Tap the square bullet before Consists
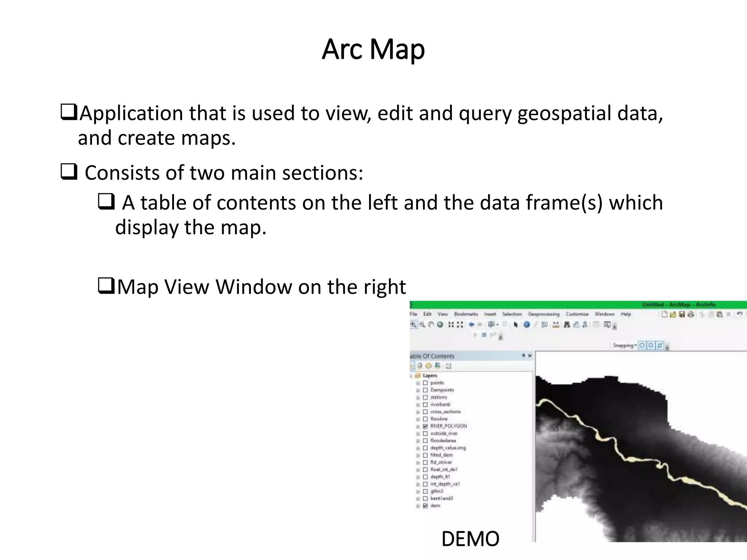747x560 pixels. click(x=69, y=172)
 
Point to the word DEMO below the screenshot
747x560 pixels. click(x=470, y=539)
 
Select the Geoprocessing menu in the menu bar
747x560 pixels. click(x=543, y=314)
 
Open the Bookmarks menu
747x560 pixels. click(x=466, y=314)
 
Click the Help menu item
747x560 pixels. click(x=626, y=314)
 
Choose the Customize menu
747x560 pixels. click(x=577, y=314)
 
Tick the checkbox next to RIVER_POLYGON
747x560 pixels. click(x=425, y=426)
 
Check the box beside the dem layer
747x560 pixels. click(x=425, y=506)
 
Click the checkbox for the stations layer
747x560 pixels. click(x=425, y=397)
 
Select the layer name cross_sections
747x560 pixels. click(x=445, y=412)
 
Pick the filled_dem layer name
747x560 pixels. click(x=441, y=455)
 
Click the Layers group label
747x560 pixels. click(x=430, y=376)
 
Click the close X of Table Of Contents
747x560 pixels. click(x=530, y=355)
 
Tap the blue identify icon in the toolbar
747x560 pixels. click(x=527, y=324)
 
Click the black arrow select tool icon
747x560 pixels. click(x=516, y=324)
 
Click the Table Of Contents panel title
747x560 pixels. click(x=433, y=356)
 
